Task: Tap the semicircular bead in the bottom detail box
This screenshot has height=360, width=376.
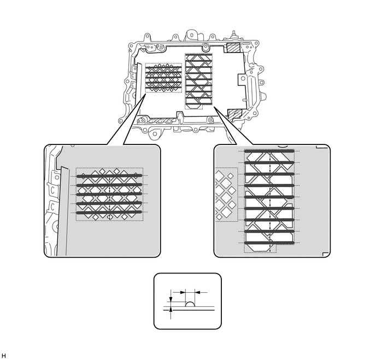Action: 191,303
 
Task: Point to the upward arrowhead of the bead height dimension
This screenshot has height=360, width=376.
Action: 172,310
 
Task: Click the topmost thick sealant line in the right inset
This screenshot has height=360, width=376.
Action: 269,150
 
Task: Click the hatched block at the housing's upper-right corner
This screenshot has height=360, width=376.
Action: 232,48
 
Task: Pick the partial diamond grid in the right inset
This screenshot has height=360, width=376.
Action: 226,194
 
